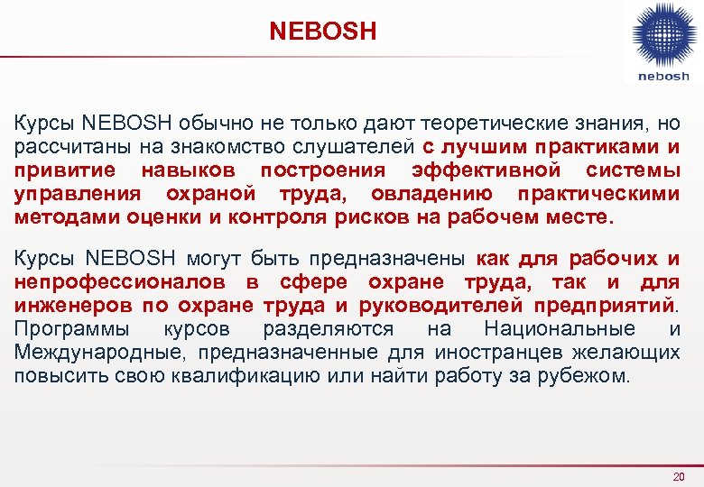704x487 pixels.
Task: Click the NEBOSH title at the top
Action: (322, 32)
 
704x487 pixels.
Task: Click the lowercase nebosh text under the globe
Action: (662, 77)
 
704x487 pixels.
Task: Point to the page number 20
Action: (680, 476)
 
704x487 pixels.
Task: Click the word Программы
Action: (71, 329)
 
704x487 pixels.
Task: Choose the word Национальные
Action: (559, 329)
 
